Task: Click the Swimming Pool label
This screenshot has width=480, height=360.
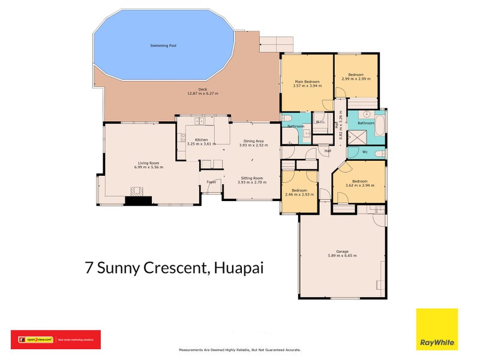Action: point(163,46)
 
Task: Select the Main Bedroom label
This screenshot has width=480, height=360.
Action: point(307,81)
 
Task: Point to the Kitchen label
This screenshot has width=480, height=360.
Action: point(201,140)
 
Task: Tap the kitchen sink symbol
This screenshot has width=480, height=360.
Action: point(200,122)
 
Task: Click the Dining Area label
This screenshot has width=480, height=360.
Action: point(251,140)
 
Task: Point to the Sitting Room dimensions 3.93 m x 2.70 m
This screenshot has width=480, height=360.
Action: point(251,182)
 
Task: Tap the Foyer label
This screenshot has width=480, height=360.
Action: point(211,181)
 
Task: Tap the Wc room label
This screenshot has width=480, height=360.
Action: point(365,152)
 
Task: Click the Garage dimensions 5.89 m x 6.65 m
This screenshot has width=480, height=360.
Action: point(343,256)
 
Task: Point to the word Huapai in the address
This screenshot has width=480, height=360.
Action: point(239,268)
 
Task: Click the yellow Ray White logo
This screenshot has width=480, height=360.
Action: point(437,329)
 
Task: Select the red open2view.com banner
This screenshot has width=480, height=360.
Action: point(56,340)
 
